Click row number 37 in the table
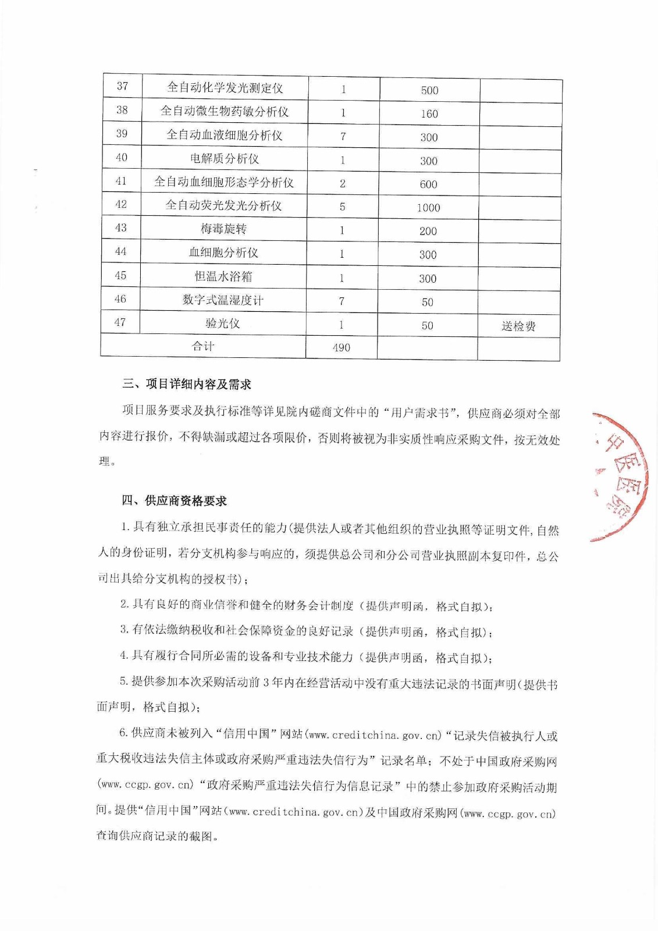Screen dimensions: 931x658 122,86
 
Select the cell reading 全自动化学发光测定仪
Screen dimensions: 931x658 225,88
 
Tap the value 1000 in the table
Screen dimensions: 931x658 429,208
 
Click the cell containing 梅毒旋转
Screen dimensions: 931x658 223,229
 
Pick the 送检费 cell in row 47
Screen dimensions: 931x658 518,326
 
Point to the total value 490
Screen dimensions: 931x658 342,347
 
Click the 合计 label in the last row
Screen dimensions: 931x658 203,346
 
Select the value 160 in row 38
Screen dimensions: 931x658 429,114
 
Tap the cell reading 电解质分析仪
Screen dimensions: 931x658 224,158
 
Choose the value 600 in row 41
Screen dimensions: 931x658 429,184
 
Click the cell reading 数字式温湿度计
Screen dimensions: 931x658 223,300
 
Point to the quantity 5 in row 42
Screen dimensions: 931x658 342,207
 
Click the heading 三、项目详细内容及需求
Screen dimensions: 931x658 187,384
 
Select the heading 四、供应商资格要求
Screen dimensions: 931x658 175,500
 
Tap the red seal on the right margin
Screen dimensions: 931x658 620,477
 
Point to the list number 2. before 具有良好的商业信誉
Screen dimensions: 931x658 125,605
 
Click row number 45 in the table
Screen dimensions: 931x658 120,275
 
